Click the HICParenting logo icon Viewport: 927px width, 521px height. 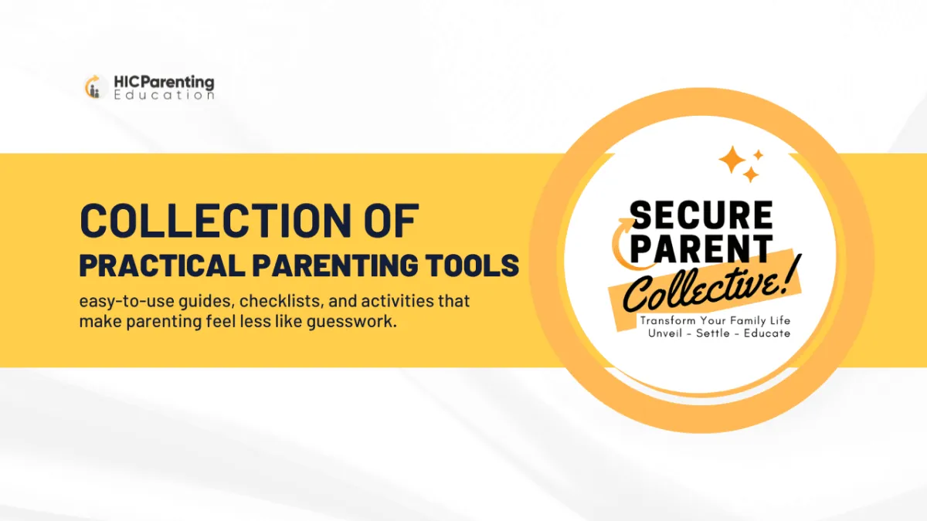[x=95, y=87]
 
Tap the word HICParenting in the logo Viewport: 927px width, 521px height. [x=164, y=83]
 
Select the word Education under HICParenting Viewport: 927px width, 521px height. [x=164, y=95]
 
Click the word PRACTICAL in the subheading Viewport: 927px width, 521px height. [x=161, y=265]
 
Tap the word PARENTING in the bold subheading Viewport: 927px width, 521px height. [x=335, y=265]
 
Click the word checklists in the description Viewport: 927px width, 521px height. [x=280, y=301]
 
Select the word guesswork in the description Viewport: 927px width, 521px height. [x=351, y=321]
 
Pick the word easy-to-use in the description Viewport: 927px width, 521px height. [x=126, y=302]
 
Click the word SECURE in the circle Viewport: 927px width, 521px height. [x=701, y=215]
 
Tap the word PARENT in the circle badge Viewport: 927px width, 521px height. [x=701, y=249]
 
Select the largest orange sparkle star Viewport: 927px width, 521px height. [x=732, y=159]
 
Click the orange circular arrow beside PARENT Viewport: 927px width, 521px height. [x=616, y=245]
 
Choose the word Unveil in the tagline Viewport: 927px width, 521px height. [x=665, y=333]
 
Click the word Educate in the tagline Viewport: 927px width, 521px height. [x=767, y=333]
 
